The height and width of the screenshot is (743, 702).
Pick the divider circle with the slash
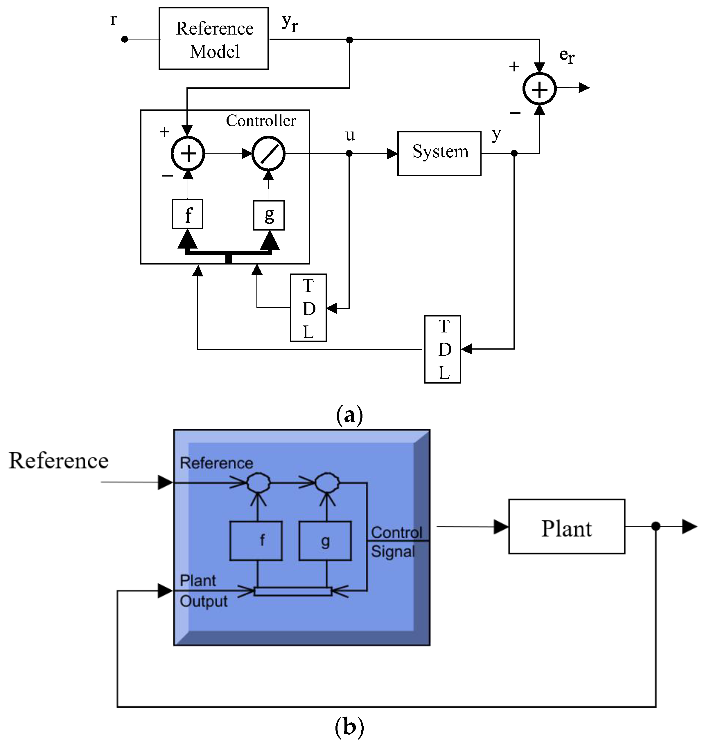pos(268,153)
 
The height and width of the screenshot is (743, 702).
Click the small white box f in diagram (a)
pos(187,214)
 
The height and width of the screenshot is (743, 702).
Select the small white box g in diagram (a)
pos(269,215)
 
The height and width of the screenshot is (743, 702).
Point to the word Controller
pos(261,121)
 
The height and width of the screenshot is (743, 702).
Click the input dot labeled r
pos(125,39)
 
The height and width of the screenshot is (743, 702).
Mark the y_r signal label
pos(290,23)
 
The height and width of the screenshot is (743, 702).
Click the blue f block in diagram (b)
pos(256,541)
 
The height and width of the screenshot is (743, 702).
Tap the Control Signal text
pos(396,542)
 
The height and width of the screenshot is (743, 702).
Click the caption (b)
pos(349,726)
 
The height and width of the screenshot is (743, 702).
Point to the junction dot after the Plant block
pos(655,526)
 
